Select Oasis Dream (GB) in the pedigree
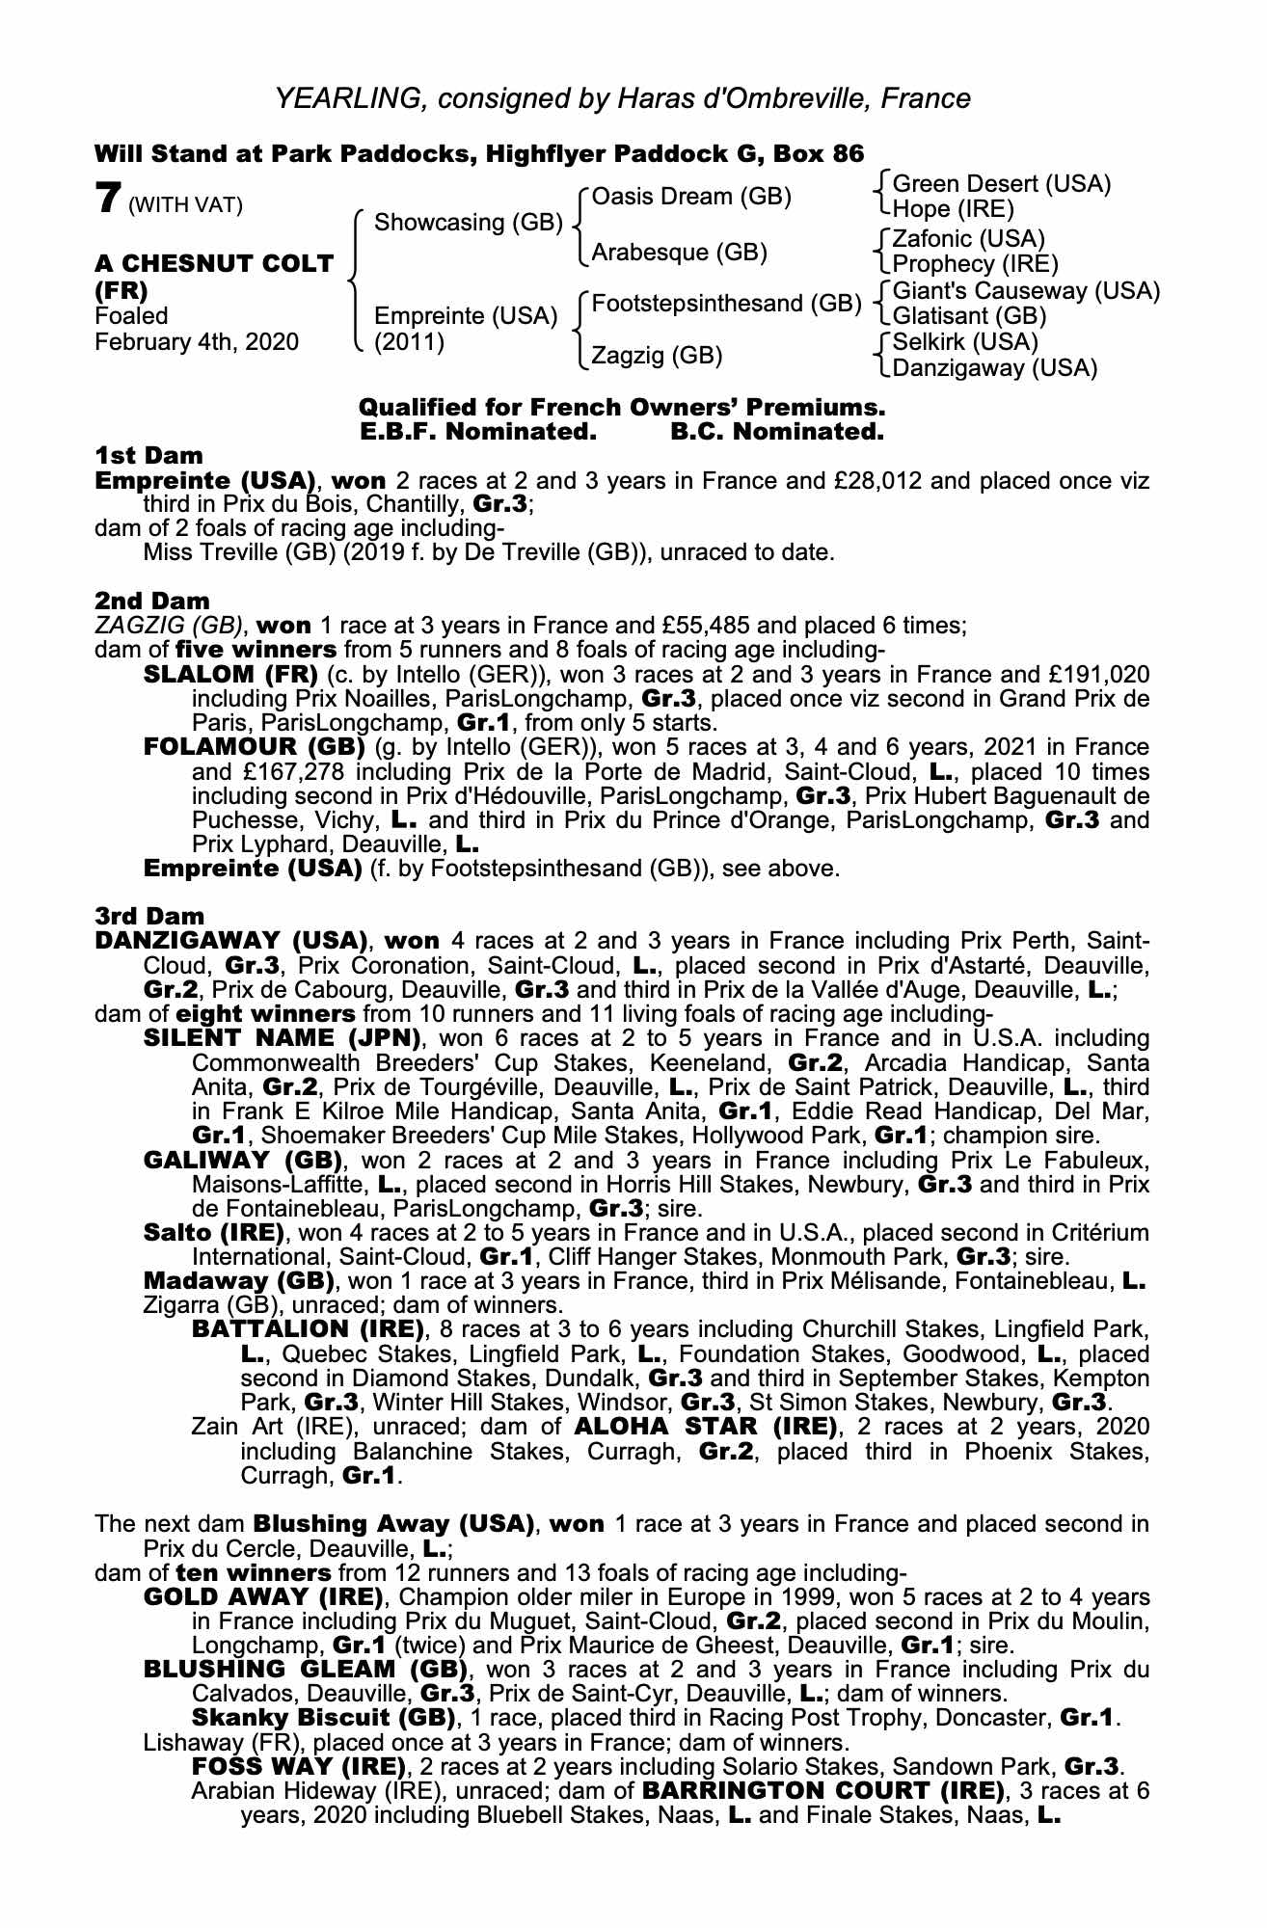691,197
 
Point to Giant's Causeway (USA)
1026,290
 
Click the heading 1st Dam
148,455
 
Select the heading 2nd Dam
151,602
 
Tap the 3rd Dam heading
149,916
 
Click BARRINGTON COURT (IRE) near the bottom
819,1790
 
